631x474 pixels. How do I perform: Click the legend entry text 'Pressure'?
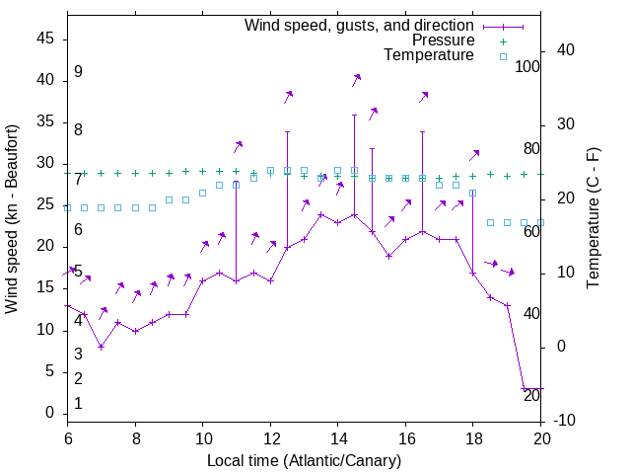coord(443,40)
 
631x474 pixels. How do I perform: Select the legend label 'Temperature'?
coord(429,55)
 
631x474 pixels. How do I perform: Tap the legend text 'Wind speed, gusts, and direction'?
coord(360,25)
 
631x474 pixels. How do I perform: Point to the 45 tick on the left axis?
coord(45,39)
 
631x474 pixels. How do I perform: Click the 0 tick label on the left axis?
coord(50,413)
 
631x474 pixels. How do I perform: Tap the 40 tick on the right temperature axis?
coord(565,50)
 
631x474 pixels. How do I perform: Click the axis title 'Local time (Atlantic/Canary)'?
coord(304,460)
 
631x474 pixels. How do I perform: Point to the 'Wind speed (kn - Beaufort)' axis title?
coord(12,219)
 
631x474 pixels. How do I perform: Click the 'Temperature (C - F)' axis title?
coord(593,219)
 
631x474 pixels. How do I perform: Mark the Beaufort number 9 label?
coord(78,72)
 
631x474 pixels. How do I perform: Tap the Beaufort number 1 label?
coord(78,404)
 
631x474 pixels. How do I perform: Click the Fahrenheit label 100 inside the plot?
coord(527,66)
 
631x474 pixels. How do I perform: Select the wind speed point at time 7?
coord(102,347)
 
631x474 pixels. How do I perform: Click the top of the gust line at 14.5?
coord(354,115)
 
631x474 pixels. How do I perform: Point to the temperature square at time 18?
coord(473,193)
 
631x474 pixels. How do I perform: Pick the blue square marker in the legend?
coord(502,56)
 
